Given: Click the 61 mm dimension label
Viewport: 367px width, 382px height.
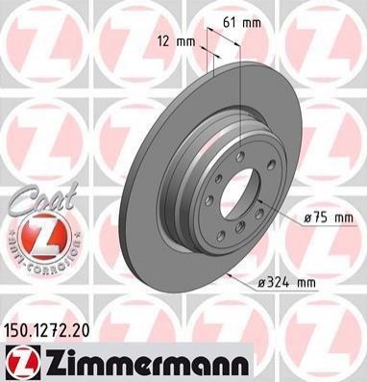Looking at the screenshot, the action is [242, 22].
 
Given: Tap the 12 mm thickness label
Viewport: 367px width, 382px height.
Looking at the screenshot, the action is [176, 41].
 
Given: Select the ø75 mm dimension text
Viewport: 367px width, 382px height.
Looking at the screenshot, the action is [329, 218].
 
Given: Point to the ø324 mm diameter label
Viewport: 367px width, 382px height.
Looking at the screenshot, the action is [287, 283].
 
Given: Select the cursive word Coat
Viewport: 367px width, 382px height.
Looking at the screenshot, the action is [43, 198].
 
